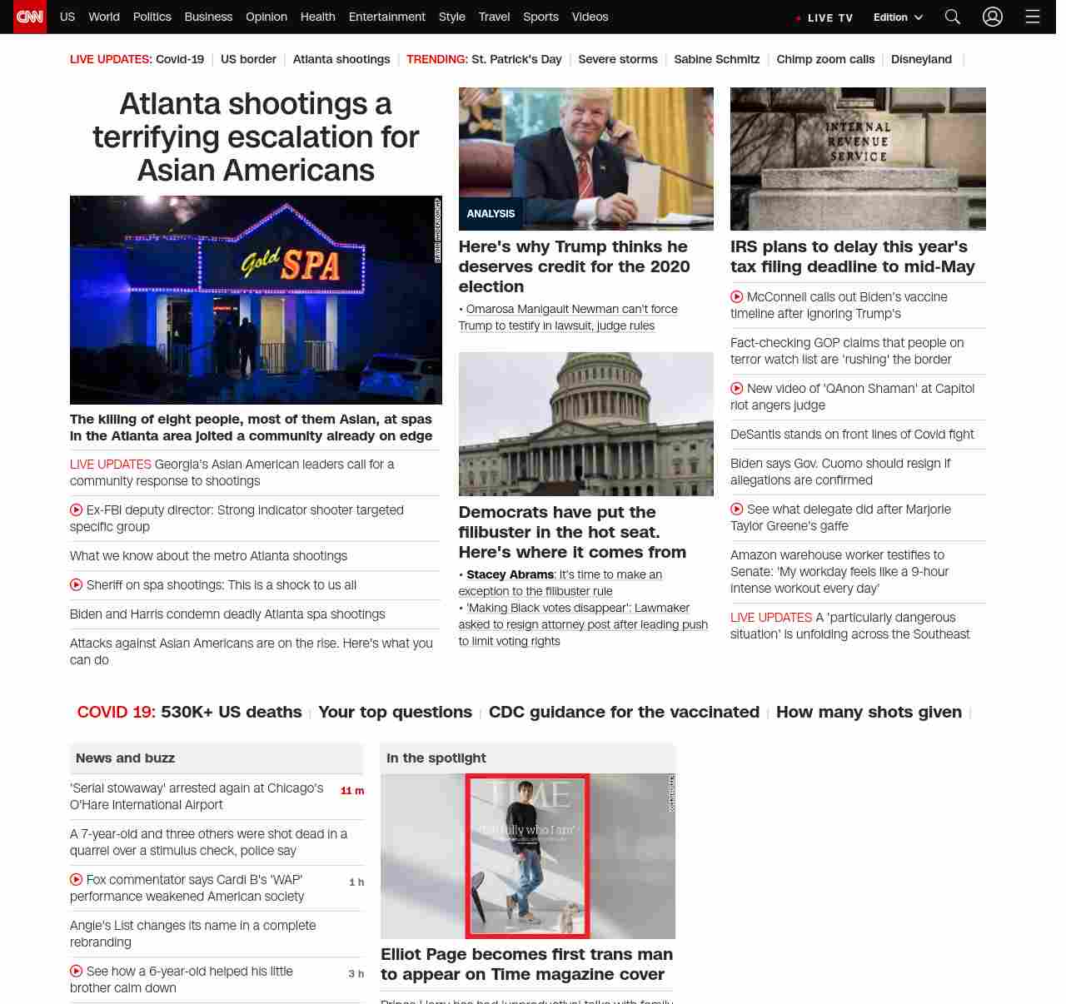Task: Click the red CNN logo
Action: [x=30, y=17]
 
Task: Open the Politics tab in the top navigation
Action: [x=152, y=17]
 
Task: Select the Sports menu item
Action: [x=540, y=17]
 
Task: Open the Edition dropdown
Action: [x=898, y=17]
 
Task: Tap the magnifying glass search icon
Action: [x=953, y=17]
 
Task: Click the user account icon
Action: [x=992, y=17]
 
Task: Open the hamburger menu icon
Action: [x=1032, y=17]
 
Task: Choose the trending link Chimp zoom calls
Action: [x=825, y=59]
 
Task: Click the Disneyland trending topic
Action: [x=921, y=59]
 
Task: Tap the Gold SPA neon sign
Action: [x=291, y=263]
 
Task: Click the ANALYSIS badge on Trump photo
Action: [x=491, y=214]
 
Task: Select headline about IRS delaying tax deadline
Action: [x=852, y=256]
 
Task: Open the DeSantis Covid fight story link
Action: [x=851, y=435]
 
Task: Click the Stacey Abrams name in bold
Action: [x=510, y=574]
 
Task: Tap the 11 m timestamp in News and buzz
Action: [x=352, y=791]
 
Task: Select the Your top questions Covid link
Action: [x=395, y=712]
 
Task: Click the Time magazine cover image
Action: [x=527, y=855]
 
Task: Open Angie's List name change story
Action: [x=192, y=933]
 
